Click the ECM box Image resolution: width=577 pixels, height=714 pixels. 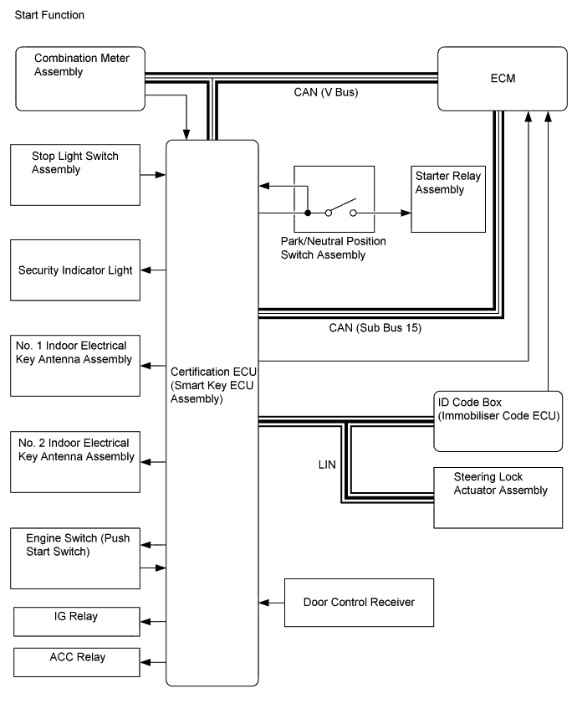pyautogui.click(x=503, y=79)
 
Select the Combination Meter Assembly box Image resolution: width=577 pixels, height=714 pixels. pyautogui.click(x=80, y=79)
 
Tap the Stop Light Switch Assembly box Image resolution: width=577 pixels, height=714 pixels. pyautogui.click(x=75, y=175)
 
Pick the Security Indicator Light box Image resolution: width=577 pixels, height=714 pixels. pyautogui.click(x=75, y=270)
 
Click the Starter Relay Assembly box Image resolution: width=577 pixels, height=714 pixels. pyautogui.click(x=448, y=199)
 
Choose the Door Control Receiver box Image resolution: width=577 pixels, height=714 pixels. pyautogui.click(x=359, y=603)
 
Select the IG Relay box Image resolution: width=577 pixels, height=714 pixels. pyautogui.click(x=76, y=622)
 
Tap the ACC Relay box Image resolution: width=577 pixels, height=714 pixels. pyautogui.click(x=76, y=662)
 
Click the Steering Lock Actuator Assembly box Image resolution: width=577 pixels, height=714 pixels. pyautogui.click(x=498, y=498)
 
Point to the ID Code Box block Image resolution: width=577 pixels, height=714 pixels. pyautogui.click(x=498, y=421)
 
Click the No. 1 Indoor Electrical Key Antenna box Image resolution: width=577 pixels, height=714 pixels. pyautogui.click(x=75, y=366)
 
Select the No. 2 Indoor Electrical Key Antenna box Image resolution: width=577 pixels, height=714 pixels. pyautogui.click(x=75, y=462)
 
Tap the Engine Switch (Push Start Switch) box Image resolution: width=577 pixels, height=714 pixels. pyautogui.click(x=75, y=558)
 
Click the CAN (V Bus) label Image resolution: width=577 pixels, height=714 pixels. pyautogui.click(x=326, y=92)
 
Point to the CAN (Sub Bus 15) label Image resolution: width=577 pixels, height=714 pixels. pyautogui.click(x=375, y=328)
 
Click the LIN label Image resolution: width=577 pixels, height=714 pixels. pyautogui.click(x=327, y=465)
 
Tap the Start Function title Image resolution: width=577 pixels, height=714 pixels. pyautogui.click(x=49, y=15)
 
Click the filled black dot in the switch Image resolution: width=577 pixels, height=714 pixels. pyautogui.click(x=308, y=213)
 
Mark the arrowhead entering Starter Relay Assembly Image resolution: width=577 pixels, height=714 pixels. pyautogui.click(x=406, y=213)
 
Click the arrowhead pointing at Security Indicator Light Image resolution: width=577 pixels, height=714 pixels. pyautogui.click(x=146, y=270)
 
